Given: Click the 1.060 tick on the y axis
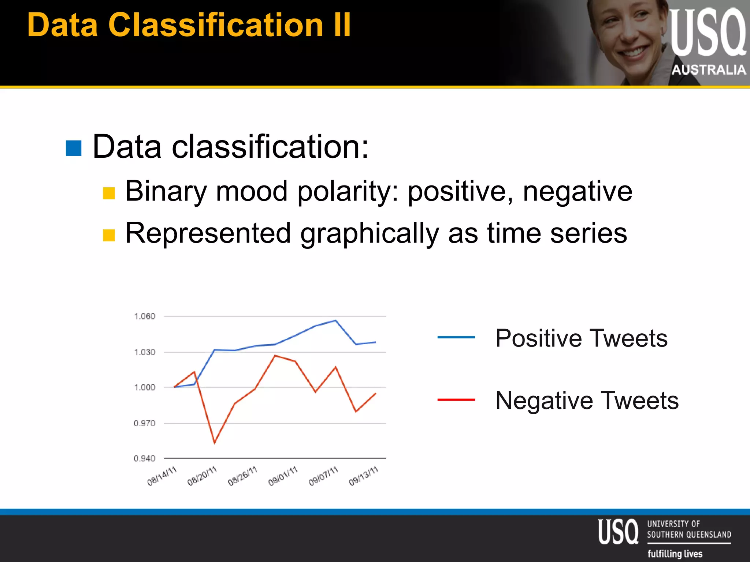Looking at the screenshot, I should point(144,316).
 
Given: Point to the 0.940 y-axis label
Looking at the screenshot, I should point(144,458).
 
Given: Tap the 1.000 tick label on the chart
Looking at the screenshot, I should point(144,387).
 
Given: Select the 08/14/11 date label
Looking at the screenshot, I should point(162,476).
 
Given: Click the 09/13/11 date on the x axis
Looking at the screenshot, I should point(363,476).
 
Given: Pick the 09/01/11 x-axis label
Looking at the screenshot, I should point(283,476).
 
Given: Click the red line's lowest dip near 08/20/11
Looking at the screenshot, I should point(214,443).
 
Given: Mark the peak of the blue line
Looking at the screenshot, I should point(335,321).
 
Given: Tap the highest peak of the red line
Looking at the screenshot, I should point(275,355).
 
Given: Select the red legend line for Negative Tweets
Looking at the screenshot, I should point(456,400).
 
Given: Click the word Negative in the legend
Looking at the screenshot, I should point(544,400).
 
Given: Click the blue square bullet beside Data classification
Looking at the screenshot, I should point(74,148).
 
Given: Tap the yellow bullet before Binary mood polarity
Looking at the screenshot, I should point(109,193).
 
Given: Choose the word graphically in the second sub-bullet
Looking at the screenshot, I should point(370,234).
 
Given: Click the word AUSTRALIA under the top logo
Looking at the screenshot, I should point(708,70).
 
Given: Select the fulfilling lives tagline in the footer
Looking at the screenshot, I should point(675,554).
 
